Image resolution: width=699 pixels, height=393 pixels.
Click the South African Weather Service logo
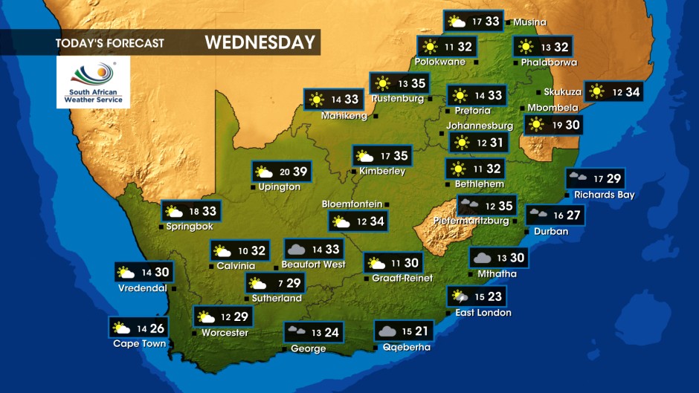pos(93,82)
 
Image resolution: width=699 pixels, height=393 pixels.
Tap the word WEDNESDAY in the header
pos(260,42)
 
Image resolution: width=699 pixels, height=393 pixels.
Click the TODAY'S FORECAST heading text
pos(109,43)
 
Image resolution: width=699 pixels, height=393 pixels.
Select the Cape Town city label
pos(139,343)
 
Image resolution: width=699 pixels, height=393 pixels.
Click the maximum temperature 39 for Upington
pos(300,172)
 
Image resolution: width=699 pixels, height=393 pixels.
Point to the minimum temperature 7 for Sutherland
pos(279,283)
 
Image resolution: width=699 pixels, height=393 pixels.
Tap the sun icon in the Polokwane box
pos(428,46)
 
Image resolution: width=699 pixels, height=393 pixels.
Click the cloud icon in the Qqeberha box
pos(386,331)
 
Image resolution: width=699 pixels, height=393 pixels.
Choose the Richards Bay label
pos(604,195)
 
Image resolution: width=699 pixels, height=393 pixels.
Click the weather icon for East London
pos(458,297)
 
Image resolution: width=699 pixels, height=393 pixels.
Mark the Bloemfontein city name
pos(352,204)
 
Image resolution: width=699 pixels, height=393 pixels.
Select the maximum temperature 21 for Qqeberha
pos(422,331)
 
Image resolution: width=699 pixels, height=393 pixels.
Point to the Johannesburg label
pos(480,126)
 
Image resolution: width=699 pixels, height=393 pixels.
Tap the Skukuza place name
pos(562,91)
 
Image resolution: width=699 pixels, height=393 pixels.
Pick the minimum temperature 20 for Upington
pos(283,172)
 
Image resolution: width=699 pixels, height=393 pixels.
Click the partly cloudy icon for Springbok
pos(175,212)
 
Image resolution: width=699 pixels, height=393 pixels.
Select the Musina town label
pos(529,22)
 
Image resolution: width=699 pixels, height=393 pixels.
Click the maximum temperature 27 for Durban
pos(573,215)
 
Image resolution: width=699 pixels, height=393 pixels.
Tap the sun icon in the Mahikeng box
pos(317,100)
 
